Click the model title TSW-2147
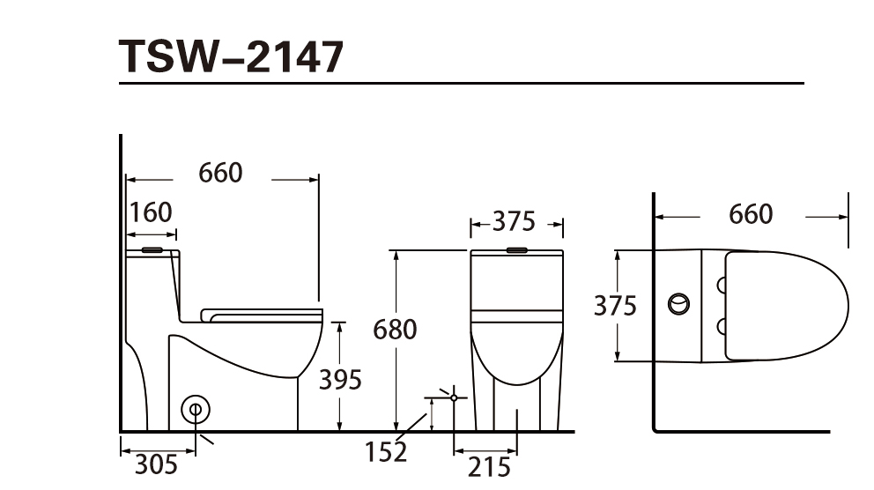(x=232, y=57)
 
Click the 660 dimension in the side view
(x=221, y=173)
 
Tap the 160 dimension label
(x=151, y=212)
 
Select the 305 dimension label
(x=156, y=464)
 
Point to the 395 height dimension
(x=340, y=380)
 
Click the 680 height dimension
(x=395, y=330)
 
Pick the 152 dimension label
(x=386, y=452)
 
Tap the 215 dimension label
(x=489, y=467)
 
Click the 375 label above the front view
(x=514, y=221)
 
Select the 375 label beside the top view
(x=615, y=306)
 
